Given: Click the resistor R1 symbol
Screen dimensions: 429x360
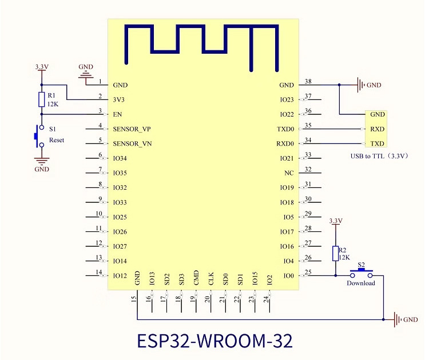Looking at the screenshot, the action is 41,99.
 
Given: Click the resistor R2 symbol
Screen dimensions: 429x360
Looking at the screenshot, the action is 335,253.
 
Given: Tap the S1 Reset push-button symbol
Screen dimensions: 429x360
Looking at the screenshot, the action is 39,136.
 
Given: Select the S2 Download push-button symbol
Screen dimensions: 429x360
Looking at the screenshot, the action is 362,273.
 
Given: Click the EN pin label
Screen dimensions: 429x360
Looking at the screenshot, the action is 117,114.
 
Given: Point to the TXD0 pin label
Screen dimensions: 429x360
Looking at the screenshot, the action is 285,129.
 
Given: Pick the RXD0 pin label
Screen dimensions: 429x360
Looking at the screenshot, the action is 285,143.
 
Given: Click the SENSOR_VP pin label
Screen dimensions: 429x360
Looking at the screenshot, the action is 132,129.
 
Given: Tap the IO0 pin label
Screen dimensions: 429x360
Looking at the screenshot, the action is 288,276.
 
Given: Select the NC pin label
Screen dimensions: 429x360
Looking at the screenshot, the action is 289,173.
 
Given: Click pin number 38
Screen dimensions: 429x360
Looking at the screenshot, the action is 308,81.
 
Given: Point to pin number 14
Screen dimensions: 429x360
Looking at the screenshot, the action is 99,272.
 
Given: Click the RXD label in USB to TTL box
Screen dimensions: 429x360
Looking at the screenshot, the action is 378,129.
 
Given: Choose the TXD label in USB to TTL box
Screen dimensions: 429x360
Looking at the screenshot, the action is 378,143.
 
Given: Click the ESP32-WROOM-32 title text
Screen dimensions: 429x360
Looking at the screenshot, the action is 214,341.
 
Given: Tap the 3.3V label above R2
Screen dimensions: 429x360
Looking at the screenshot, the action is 336,221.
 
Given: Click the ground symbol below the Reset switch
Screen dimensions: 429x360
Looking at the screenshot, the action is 42,161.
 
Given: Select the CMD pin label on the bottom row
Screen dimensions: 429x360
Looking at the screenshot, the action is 196,278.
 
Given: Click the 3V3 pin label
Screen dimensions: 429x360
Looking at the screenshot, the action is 119,99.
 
